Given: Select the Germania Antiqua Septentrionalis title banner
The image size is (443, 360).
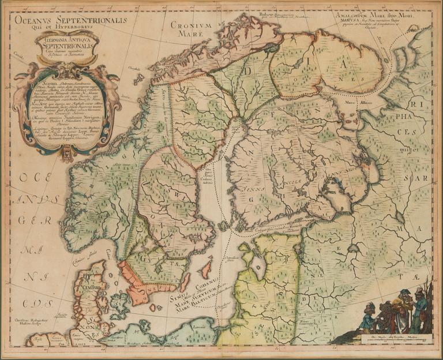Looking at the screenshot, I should point(67,44).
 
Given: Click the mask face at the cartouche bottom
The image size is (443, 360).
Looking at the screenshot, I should point(67,152).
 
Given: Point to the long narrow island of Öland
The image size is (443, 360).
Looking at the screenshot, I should point(185,282).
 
